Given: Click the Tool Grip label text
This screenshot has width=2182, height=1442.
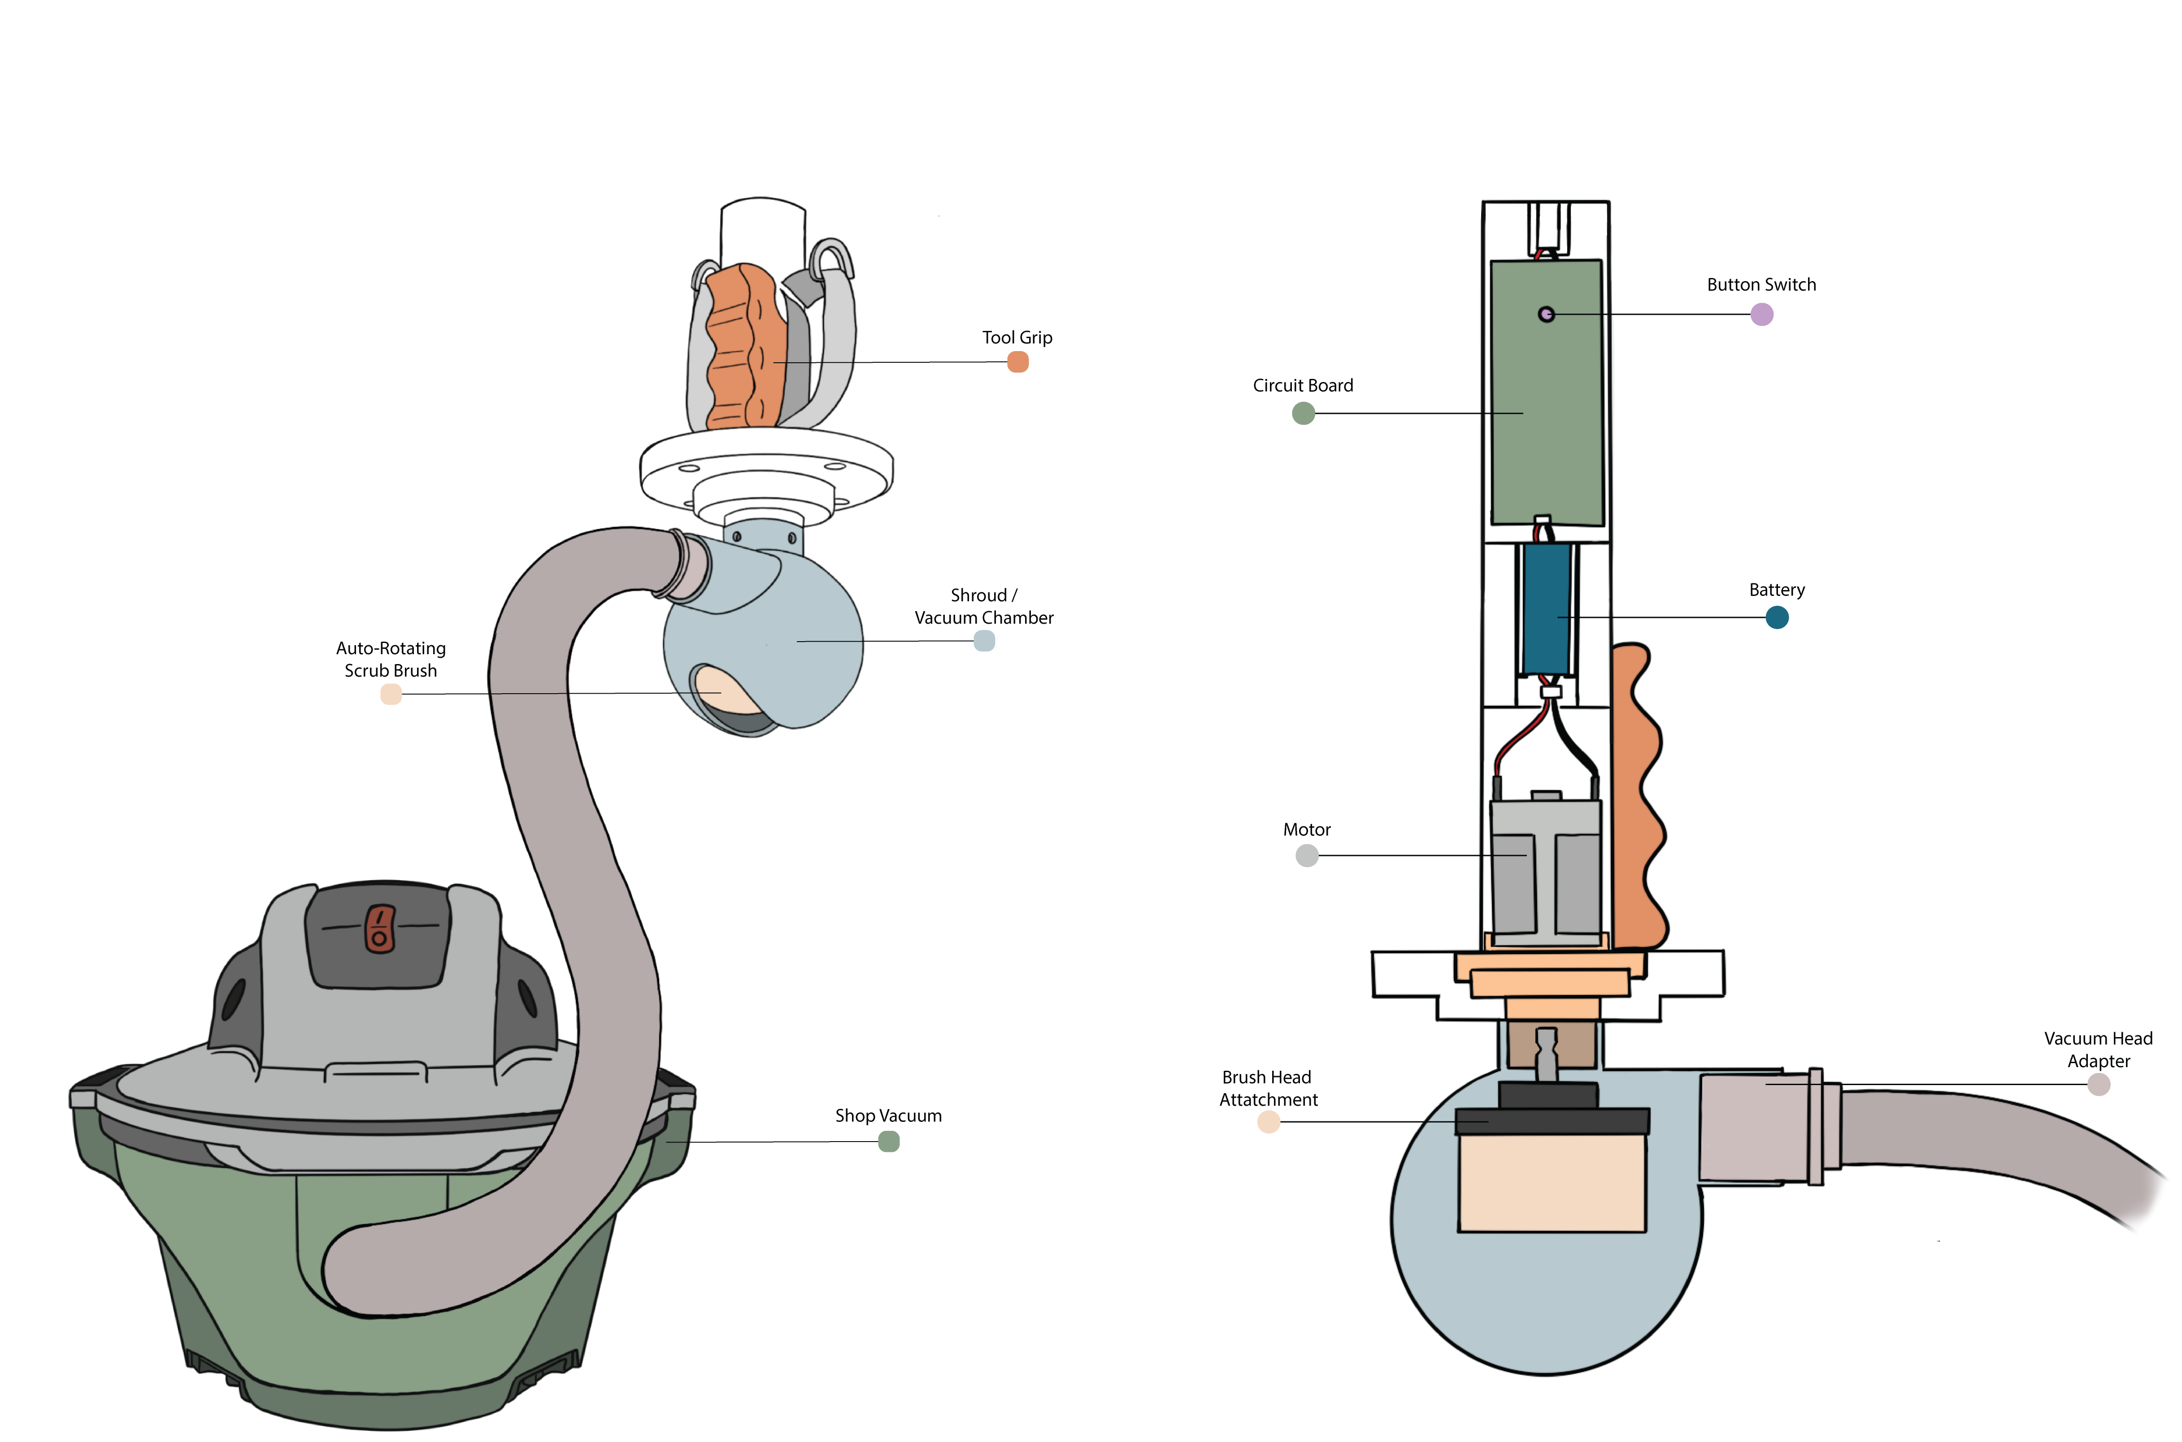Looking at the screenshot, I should point(1017,338).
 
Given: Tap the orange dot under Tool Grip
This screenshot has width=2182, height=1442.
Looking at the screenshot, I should point(1018,362).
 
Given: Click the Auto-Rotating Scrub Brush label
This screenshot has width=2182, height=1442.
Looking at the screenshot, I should point(391,660).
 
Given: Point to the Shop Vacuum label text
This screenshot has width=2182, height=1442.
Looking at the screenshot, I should point(888,1116).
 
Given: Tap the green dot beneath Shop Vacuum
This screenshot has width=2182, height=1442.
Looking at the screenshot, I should point(888,1141).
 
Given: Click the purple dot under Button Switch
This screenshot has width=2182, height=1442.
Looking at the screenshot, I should point(1762,314).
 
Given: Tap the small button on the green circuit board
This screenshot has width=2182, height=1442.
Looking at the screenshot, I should point(1547,314).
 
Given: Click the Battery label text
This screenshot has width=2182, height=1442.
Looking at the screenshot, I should point(1777,590).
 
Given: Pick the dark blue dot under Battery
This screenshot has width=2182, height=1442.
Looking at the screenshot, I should point(1778,617).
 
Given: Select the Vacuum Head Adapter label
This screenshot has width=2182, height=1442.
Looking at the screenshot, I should point(2098,1049).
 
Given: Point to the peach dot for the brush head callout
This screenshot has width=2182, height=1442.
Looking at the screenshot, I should point(1269,1122).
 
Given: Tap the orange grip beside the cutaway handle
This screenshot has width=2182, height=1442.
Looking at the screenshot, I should point(1639,800).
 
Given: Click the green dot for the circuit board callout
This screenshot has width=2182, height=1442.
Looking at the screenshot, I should point(1304,414).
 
